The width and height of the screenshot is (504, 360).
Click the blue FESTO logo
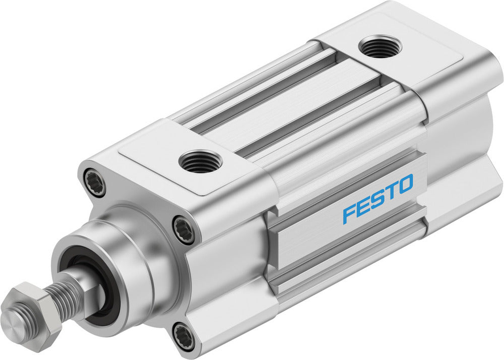coord(378,198)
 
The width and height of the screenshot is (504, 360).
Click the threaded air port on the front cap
coord(201,161)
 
